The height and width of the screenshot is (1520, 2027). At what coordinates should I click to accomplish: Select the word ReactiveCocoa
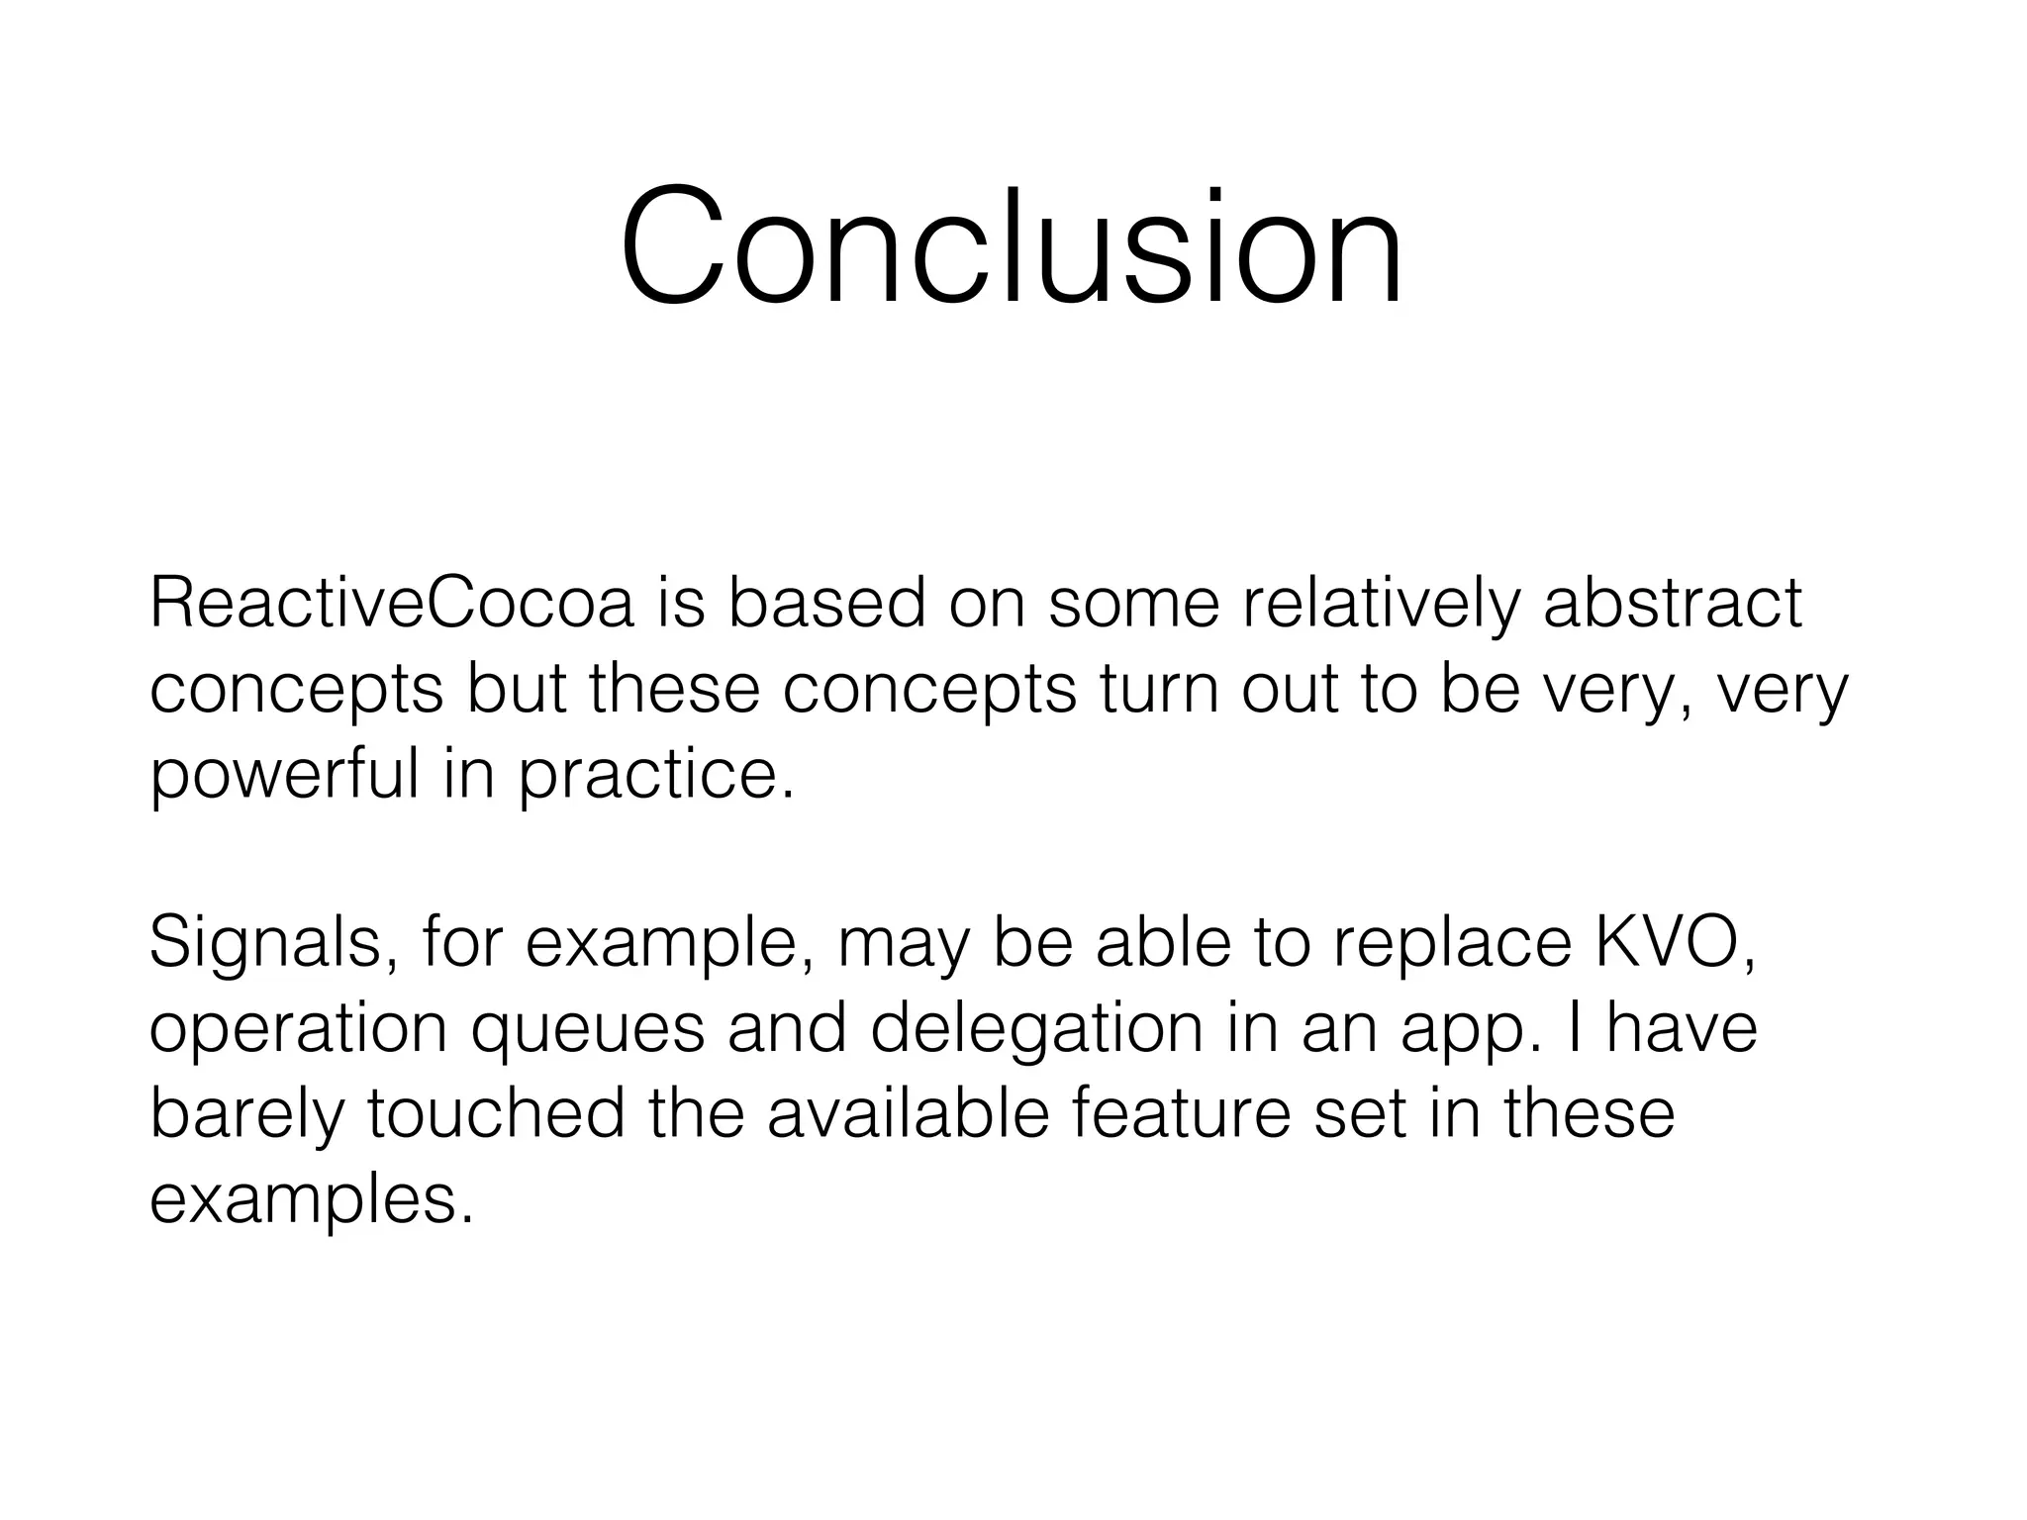pos(391,603)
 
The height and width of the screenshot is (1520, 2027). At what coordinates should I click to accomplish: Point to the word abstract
pos(1673,603)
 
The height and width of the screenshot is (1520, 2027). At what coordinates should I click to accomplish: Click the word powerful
pos(285,775)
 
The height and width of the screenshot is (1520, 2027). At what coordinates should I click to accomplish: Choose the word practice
pos(656,775)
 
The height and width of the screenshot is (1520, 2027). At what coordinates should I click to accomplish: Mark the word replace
pos(1452,942)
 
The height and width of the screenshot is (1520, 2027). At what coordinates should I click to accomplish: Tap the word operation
pos(299,1029)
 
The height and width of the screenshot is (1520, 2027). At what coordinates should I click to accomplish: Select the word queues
pos(588,1029)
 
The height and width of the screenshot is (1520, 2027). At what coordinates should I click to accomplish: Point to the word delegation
pos(1036,1029)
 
